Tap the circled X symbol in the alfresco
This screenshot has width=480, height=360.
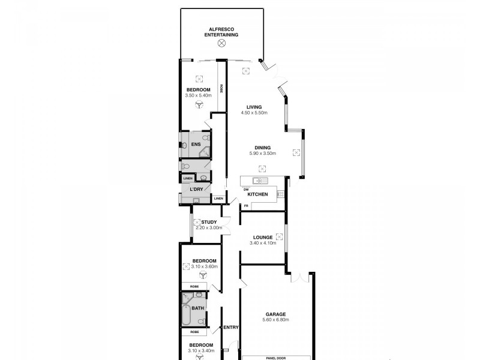(x=222, y=43)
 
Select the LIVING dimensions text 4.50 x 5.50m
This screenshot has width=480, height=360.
(x=254, y=113)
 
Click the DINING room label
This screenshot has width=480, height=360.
(x=262, y=148)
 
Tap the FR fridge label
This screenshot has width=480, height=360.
(x=245, y=206)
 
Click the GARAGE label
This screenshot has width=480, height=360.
(x=275, y=314)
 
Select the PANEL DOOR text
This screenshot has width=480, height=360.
(x=275, y=358)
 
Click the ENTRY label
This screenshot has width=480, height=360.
(x=230, y=328)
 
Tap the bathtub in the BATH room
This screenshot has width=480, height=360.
(x=187, y=314)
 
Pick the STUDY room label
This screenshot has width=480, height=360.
(x=209, y=222)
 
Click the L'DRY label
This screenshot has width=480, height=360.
(x=196, y=190)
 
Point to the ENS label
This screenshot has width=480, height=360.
(x=196, y=145)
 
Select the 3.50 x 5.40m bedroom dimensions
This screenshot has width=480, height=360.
(x=199, y=95)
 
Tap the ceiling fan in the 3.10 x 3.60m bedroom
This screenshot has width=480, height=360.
(x=202, y=275)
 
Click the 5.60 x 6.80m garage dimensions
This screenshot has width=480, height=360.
(x=275, y=320)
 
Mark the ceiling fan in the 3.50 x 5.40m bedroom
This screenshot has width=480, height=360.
(x=199, y=104)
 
